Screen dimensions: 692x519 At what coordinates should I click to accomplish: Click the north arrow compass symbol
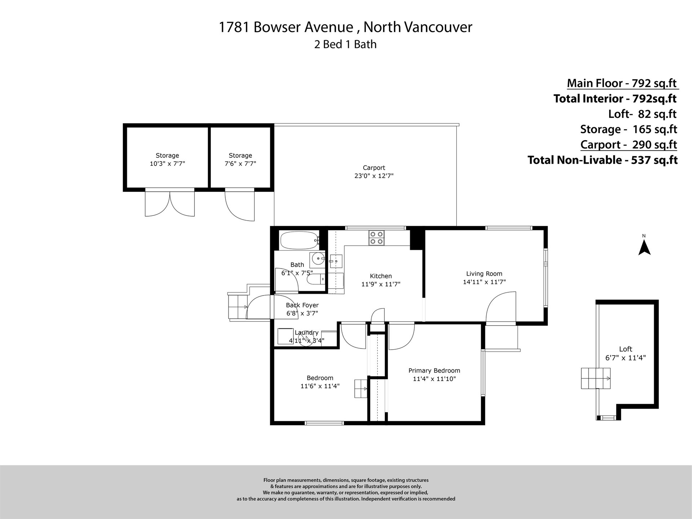(x=644, y=248)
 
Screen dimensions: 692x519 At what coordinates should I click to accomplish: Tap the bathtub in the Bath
(x=299, y=240)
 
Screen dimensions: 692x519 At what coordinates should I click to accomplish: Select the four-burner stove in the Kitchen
(x=377, y=238)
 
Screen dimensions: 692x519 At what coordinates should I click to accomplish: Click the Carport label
(x=374, y=168)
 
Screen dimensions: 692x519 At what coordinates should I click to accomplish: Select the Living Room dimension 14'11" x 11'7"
(x=484, y=282)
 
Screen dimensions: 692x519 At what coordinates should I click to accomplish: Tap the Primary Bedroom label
(x=434, y=371)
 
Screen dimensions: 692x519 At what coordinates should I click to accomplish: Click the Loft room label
(x=626, y=349)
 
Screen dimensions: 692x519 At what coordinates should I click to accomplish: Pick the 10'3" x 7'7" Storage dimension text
(x=167, y=164)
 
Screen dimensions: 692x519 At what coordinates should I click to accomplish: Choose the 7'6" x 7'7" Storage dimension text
(x=240, y=164)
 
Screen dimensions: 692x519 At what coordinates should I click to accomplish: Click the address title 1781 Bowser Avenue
(x=286, y=27)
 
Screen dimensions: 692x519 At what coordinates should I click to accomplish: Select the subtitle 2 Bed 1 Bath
(x=345, y=44)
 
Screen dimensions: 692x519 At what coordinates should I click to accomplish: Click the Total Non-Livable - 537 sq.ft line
(x=603, y=160)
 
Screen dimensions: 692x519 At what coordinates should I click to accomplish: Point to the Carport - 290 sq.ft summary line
(x=629, y=145)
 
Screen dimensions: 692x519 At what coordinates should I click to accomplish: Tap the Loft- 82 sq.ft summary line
(x=642, y=114)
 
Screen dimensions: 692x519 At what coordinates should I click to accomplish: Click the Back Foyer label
(x=302, y=305)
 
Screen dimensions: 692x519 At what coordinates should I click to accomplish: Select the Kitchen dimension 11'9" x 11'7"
(x=381, y=284)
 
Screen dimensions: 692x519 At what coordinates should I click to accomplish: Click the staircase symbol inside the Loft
(x=595, y=378)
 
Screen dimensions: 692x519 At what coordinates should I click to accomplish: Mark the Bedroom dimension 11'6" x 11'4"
(x=320, y=386)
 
